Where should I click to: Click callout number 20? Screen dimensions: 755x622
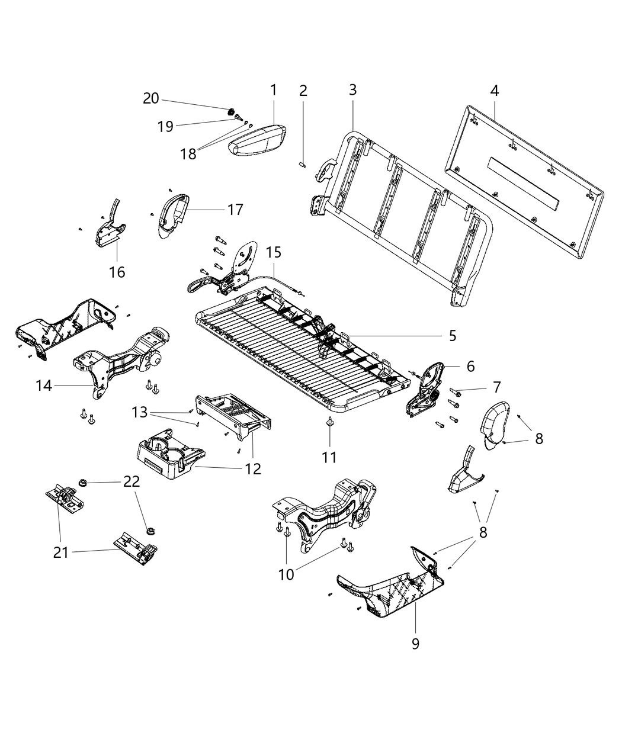(x=151, y=98)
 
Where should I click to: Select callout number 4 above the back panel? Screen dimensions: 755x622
(x=494, y=91)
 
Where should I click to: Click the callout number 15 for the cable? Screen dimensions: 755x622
(x=273, y=252)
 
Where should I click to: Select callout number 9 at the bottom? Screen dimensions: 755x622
(x=415, y=642)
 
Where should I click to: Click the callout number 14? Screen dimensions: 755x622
(x=44, y=385)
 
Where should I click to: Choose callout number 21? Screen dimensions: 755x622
(x=61, y=552)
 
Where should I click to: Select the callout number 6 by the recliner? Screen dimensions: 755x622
(x=470, y=367)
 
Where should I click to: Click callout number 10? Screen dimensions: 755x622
(x=286, y=574)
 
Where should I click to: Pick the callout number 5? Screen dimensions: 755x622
(x=453, y=336)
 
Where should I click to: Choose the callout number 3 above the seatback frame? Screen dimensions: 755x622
(x=352, y=90)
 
